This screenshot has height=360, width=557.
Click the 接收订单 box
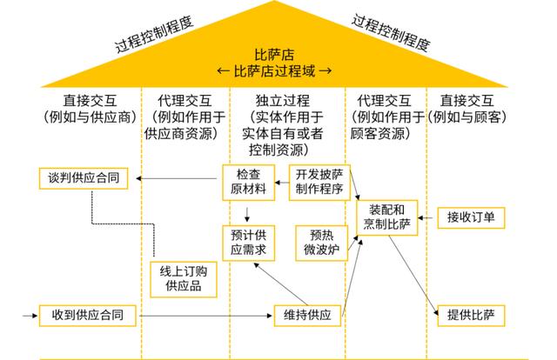click(x=471, y=217)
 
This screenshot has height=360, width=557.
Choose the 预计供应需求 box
click(x=247, y=242)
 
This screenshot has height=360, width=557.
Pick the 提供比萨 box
click(x=471, y=314)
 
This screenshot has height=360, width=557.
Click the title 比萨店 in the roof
click(x=278, y=54)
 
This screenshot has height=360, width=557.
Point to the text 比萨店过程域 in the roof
click(x=278, y=70)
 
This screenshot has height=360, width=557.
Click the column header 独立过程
click(x=286, y=102)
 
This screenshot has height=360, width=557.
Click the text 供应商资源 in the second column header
click(x=182, y=133)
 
